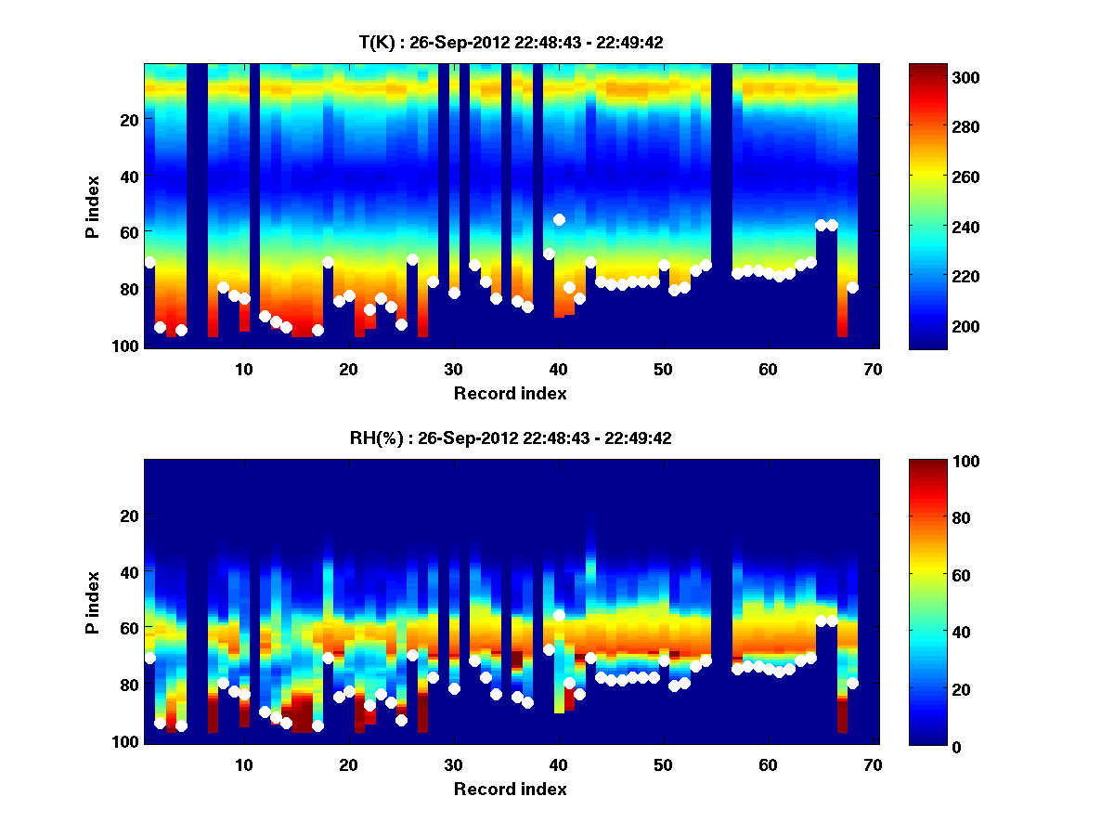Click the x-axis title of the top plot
coord(511,393)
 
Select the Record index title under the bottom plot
coord(511,790)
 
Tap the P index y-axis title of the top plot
coord(93,206)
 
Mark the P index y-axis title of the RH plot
coord(93,602)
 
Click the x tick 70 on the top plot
coord(873,369)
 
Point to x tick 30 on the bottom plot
coord(453,764)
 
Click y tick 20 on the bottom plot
coord(130,516)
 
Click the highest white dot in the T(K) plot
coord(559,219)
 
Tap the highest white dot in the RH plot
coord(559,615)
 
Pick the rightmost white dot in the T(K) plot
coord(852,287)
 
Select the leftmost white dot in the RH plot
coord(149,658)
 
